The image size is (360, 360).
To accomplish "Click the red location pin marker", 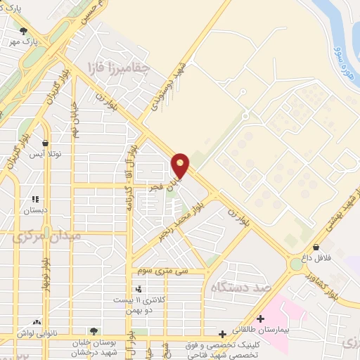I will coord(180,165).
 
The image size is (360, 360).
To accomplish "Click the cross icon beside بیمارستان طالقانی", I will coord(260,319).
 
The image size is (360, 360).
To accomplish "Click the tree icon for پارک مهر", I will coord(25,31).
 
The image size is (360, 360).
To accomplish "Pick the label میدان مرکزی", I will coord(46,236).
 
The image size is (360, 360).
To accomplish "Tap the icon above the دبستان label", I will coord(34,199).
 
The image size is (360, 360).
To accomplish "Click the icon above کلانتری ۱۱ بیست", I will coord(139,288).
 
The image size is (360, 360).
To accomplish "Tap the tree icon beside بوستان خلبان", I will coord(94,330).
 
